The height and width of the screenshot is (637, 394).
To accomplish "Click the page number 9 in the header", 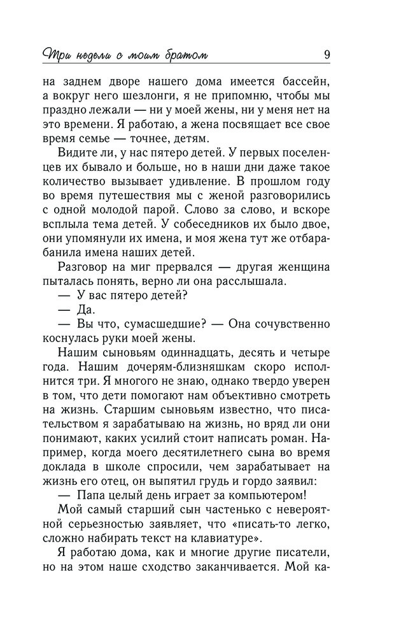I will pyautogui.click(x=327, y=54).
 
